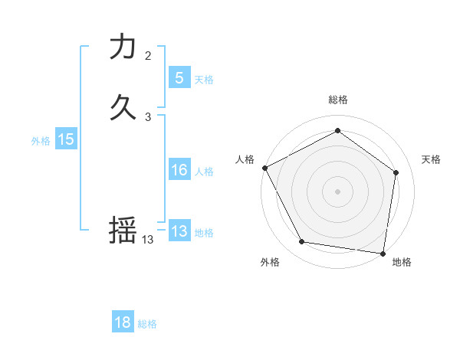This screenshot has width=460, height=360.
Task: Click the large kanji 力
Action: pos(123,47)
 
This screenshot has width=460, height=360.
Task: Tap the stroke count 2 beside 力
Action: pos(148,56)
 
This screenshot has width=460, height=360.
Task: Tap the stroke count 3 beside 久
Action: pos(148,117)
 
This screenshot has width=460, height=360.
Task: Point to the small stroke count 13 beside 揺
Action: pos(148,240)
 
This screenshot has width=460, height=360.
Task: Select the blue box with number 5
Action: pos(179,77)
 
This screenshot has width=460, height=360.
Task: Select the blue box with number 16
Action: pos(179,170)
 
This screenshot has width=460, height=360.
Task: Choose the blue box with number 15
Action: pos(66,139)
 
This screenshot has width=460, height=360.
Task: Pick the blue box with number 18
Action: pos(123,322)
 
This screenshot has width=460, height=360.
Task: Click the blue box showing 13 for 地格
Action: pos(179,231)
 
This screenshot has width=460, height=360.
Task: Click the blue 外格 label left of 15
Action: pos(41,141)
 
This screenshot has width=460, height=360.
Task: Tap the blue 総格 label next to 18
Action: pos(147,324)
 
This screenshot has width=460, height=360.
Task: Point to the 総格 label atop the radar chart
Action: pos(338,100)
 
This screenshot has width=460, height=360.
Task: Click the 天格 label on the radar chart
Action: pos(431,159)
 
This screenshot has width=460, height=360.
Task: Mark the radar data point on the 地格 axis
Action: pos(383,253)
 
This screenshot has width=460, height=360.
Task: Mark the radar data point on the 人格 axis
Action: pos(264,167)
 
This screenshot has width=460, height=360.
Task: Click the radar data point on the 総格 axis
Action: pos(338,131)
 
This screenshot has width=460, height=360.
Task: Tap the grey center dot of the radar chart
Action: pos(338,191)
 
